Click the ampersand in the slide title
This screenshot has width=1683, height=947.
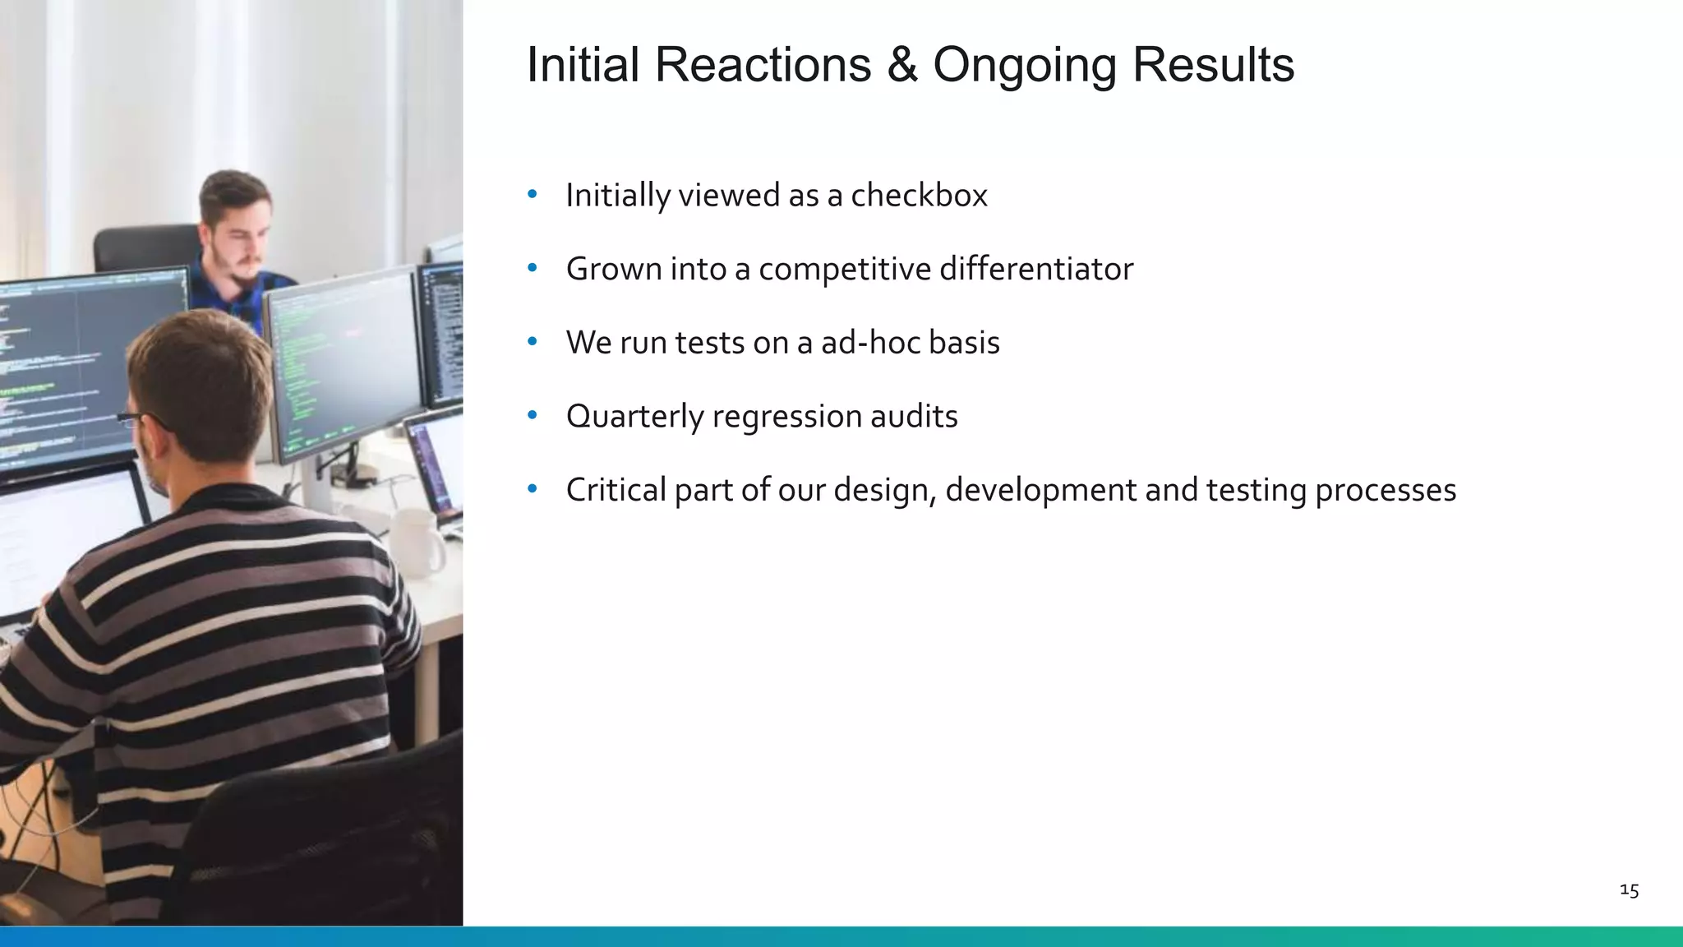point(901,65)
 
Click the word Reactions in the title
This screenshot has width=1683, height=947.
point(762,65)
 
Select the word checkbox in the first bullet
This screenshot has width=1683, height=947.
point(919,196)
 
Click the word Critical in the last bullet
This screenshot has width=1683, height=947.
point(616,490)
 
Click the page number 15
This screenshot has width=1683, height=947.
point(1629,890)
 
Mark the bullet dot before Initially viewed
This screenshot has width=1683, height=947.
point(533,195)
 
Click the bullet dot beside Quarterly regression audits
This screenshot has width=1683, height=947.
point(533,416)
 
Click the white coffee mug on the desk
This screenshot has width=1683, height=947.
point(416,542)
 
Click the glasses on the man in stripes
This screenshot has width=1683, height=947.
point(136,420)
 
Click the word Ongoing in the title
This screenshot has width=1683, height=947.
point(1024,65)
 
